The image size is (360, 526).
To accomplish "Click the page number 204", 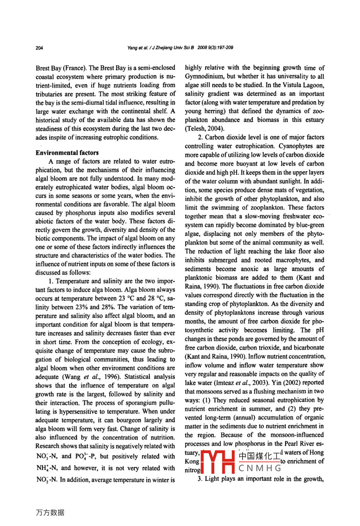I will click(39, 48).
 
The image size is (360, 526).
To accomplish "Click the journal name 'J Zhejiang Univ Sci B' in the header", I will click(173, 48).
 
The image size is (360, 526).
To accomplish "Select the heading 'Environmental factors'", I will click(67, 153).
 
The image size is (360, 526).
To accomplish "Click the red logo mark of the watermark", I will click(219, 461).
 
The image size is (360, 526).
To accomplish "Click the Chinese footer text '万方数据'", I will click(50, 512).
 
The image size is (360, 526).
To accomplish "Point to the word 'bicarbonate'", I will click(307, 347).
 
